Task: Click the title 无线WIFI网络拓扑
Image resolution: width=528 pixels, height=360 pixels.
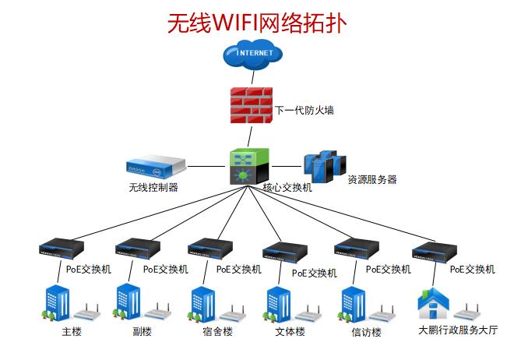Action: pos(256,23)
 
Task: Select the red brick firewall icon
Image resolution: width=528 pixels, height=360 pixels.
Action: pos(249,108)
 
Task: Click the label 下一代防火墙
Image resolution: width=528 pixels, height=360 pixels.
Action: pos(304,110)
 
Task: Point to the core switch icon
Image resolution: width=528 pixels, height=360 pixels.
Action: pos(249,165)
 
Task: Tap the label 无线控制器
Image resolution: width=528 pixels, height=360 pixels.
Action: pos(153,187)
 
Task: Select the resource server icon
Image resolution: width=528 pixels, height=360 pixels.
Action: pos(324,165)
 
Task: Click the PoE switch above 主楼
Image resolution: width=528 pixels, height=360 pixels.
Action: pos(61,249)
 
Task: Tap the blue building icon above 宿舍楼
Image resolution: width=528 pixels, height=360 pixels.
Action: pos(203,305)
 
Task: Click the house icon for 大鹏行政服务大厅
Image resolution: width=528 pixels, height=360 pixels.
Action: pos(433,305)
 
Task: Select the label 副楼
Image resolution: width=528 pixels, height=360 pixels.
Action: pos(142,332)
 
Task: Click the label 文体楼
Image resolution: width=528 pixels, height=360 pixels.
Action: pos(290,332)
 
